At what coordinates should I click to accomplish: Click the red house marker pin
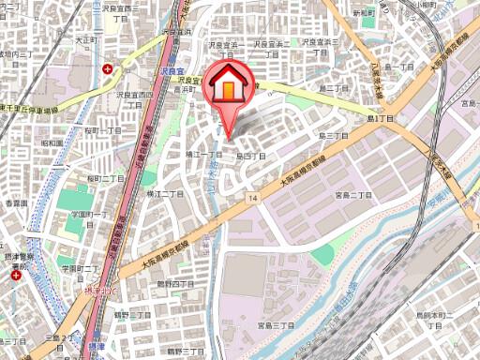(228, 87)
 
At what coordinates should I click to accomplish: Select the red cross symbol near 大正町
(110, 68)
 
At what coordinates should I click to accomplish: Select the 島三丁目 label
(333, 136)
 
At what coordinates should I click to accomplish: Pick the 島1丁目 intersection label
(382, 120)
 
